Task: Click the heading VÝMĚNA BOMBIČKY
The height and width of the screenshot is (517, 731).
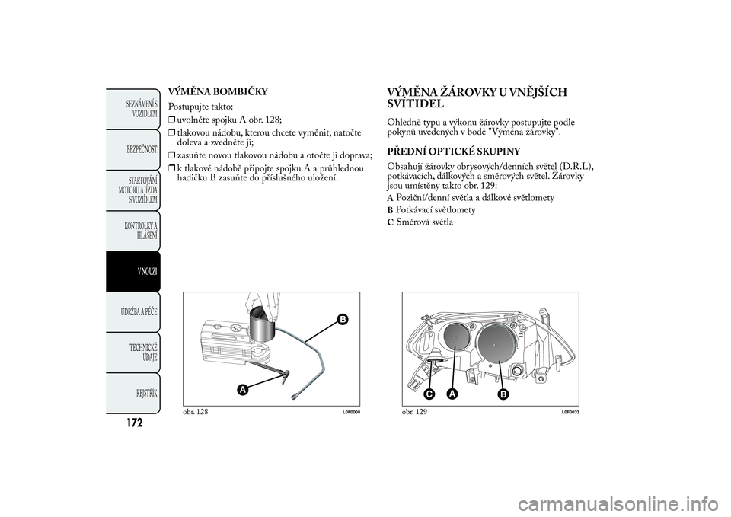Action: (x=217, y=92)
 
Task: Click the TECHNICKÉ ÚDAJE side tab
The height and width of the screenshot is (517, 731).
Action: (x=142, y=353)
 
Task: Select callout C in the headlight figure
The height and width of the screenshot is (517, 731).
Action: (x=429, y=394)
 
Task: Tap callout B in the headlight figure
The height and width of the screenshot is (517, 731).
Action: (x=503, y=394)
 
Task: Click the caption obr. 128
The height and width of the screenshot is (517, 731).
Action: (x=195, y=411)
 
